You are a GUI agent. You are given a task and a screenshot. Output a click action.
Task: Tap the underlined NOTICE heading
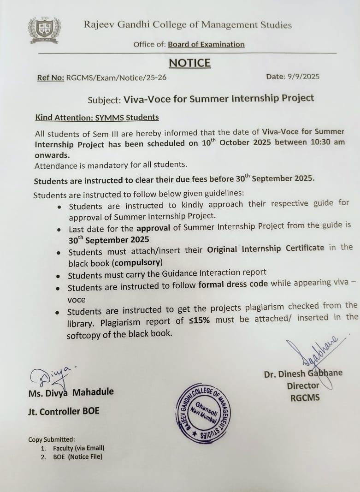[x=189, y=63]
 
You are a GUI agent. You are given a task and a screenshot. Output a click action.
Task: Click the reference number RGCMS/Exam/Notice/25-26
[x=116, y=77]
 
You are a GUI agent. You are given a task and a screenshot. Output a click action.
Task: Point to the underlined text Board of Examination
[x=206, y=44]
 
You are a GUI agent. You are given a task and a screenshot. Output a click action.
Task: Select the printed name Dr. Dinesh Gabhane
[x=303, y=373]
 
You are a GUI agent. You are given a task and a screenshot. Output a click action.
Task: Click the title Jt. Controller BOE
[x=64, y=411]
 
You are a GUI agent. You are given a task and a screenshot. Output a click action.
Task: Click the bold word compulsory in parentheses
[x=137, y=263]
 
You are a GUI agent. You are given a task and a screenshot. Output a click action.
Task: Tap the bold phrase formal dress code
[x=233, y=284]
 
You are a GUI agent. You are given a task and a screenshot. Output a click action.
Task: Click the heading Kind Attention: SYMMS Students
[x=97, y=117]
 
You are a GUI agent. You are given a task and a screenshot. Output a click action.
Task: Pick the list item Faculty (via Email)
[x=78, y=448]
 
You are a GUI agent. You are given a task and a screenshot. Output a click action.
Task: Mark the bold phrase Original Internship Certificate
[x=266, y=248]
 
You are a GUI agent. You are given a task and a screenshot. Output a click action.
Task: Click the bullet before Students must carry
[x=58, y=276]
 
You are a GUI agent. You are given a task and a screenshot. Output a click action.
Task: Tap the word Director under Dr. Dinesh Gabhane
[x=303, y=385]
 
